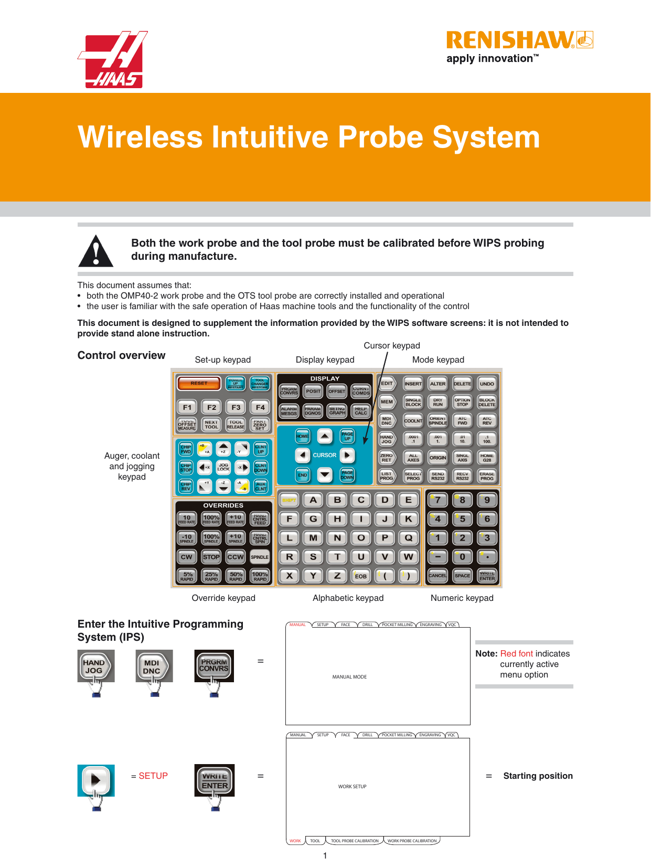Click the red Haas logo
click(112, 59)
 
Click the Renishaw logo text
click(510, 40)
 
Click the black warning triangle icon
click(95, 251)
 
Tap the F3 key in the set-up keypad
click(236, 407)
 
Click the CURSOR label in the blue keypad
click(324, 455)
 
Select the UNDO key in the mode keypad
click(486, 384)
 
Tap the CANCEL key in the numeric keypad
click(437, 575)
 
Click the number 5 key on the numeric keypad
click(462, 518)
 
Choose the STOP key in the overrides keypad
click(211, 557)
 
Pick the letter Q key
click(408, 537)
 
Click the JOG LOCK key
click(223, 467)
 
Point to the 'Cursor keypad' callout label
click(391, 345)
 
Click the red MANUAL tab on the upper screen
click(297, 624)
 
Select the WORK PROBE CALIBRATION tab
click(412, 841)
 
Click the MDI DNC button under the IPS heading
click(152, 667)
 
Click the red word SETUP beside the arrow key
click(153, 776)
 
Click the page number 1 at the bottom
click(325, 856)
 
